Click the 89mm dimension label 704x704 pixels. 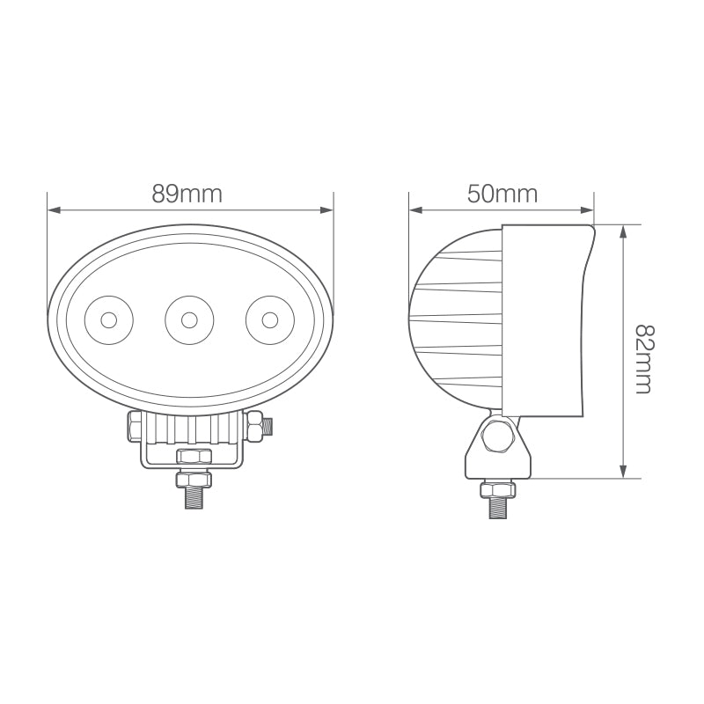point(187,194)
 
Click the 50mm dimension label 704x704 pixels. point(502,194)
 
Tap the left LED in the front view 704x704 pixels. point(108,319)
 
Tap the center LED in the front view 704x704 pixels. point(188,319)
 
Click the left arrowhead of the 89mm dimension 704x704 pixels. point(53,210)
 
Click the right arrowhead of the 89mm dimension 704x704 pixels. point(328,210)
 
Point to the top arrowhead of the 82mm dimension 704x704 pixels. point(623,231)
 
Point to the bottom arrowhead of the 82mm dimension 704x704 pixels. point(623,473)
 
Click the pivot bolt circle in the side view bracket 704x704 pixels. point(499,437)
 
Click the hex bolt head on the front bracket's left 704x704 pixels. point(135,427)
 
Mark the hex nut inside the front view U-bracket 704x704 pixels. point(194,456)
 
